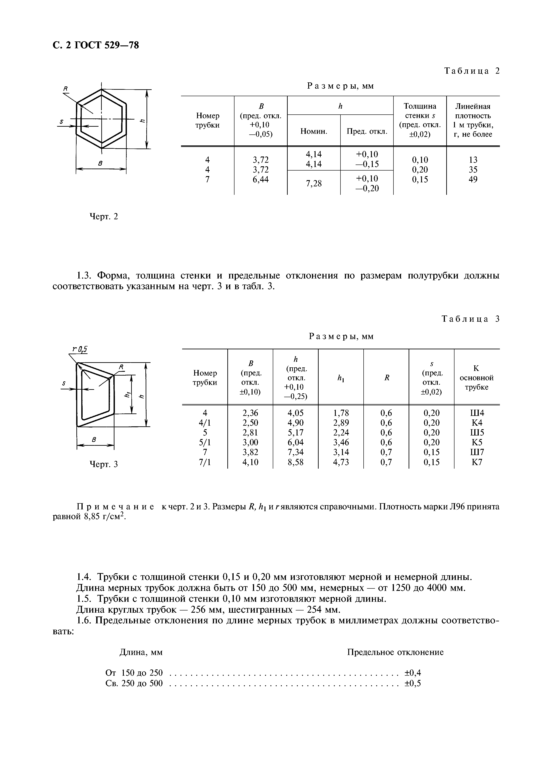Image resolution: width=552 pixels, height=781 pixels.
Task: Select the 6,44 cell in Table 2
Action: (x=261, y=179)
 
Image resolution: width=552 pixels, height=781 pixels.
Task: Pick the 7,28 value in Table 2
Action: (x=314, y=184)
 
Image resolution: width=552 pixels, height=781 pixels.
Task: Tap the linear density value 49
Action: (x=473, y=179)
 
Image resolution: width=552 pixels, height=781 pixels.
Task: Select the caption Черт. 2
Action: (x=103, y=216)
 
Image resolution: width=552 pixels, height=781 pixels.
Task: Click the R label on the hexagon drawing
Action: (x=66, y=89)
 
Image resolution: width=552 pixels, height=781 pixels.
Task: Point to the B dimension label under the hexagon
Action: (x=100, y=164)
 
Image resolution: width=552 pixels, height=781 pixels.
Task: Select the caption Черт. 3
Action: (x=103, y=464)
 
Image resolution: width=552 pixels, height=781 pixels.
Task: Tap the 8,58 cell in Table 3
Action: (x=295, y=462)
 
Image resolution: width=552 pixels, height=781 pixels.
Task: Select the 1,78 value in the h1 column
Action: (x=341, y=413)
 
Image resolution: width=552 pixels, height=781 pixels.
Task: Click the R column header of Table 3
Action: (x=386, y=378)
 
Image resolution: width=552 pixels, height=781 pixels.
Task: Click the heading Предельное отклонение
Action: (x=395, y=652)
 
